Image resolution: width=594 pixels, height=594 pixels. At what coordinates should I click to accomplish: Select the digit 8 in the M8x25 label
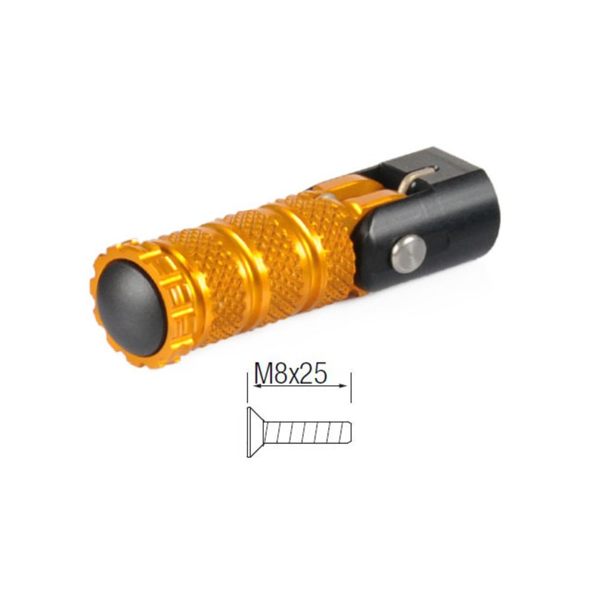[283, 373]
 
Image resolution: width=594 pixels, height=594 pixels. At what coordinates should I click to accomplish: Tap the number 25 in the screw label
[317, 373]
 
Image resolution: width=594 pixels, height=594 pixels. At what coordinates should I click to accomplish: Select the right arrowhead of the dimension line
[346, 385]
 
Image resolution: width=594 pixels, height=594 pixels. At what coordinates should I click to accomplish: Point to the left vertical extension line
[247, 386]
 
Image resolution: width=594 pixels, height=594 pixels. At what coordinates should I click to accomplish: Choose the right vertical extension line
[350, 386]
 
